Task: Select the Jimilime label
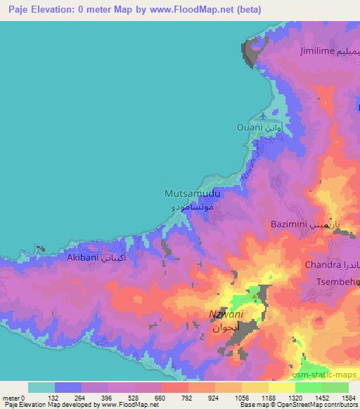coord(317,52)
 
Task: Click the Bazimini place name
coord(290,224)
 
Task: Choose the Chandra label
coord(321,265)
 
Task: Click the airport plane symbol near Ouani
coord(262,115)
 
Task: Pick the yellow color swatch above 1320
coord(283,387)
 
